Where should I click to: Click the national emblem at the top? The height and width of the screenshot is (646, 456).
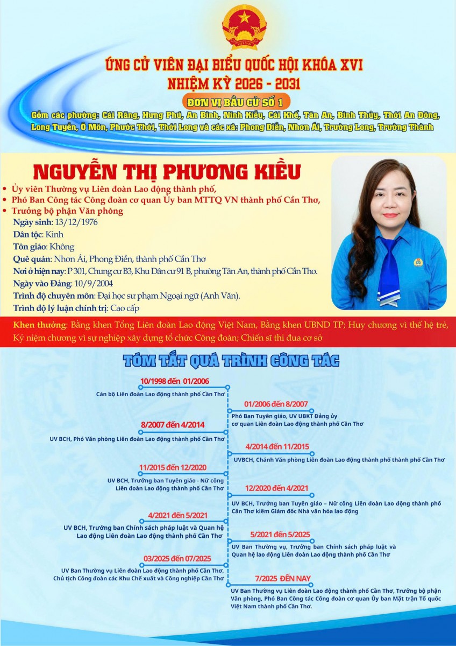[x=244, y=27]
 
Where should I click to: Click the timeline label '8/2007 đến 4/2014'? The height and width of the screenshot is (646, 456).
[x=173, y=425]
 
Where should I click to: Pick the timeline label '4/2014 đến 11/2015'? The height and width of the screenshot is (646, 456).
[x=277, y=447]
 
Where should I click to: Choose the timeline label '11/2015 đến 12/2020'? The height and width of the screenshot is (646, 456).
[x=173, y=467]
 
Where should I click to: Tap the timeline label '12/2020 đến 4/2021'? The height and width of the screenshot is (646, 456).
[x=276, y=488]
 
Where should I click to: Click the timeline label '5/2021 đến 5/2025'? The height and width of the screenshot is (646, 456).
[x=280, y=534]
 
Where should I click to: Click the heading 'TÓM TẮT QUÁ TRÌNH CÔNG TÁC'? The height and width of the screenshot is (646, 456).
[x=231, y=361]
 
